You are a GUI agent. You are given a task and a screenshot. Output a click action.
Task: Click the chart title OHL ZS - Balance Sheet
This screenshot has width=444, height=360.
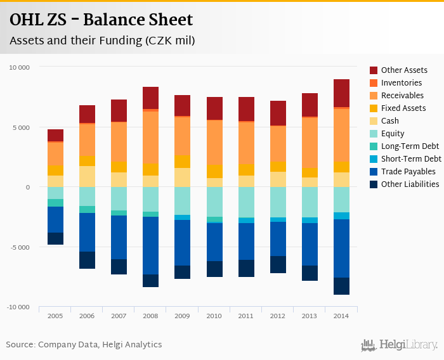tap(101, 20)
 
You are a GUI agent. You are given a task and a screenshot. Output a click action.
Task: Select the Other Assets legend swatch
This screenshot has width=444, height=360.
tap(374, 70)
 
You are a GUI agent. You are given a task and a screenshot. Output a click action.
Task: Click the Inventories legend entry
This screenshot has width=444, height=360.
tap(401, 83)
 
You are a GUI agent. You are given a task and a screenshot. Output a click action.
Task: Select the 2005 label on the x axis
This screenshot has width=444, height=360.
tap(55, 315)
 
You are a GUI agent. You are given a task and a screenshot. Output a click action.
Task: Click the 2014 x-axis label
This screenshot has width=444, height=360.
tap(341, 315)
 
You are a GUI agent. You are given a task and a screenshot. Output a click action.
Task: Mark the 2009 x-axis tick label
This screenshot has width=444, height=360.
tap(182, 315)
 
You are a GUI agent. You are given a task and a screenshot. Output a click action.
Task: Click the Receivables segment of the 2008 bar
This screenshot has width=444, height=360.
tap(150, 137)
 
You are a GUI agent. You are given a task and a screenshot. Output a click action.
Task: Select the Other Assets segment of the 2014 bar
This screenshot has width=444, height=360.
tap(341, 93)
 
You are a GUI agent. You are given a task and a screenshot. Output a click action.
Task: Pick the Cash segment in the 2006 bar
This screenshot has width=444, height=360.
tap(87, 176)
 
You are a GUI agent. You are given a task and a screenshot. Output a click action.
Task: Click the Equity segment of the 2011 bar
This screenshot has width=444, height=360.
tap(246, 202)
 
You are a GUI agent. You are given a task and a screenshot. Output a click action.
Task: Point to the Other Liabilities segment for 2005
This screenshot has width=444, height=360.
tap(55, 238)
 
